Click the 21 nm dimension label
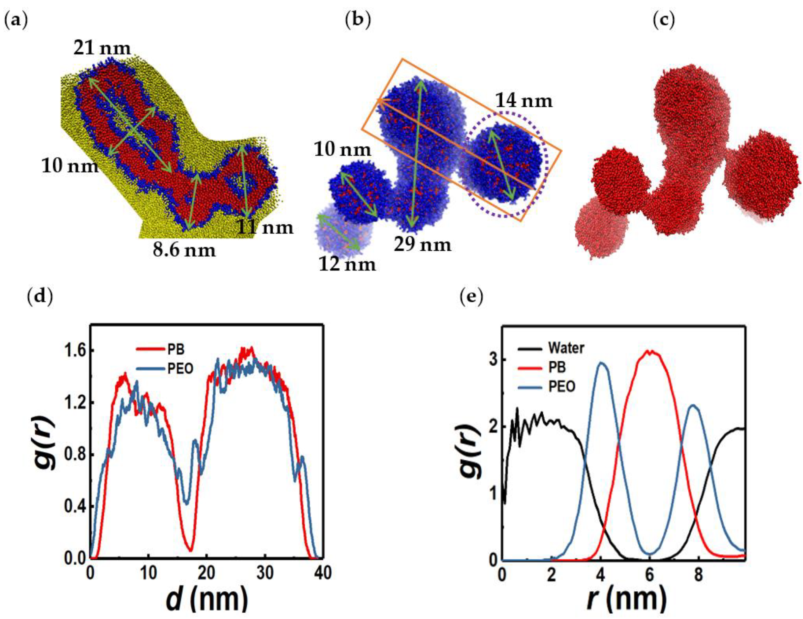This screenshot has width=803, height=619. (x=102, y=48)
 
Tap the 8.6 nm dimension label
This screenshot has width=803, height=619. (x=184, y=250)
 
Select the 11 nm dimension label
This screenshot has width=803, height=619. (x=265, y=227)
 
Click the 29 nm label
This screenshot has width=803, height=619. (x=422, y=244)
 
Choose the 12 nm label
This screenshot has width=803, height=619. (x=347, y=264)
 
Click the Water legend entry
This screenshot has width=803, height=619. (x=566, y=348)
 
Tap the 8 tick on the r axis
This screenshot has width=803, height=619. (x=699, y=574)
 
